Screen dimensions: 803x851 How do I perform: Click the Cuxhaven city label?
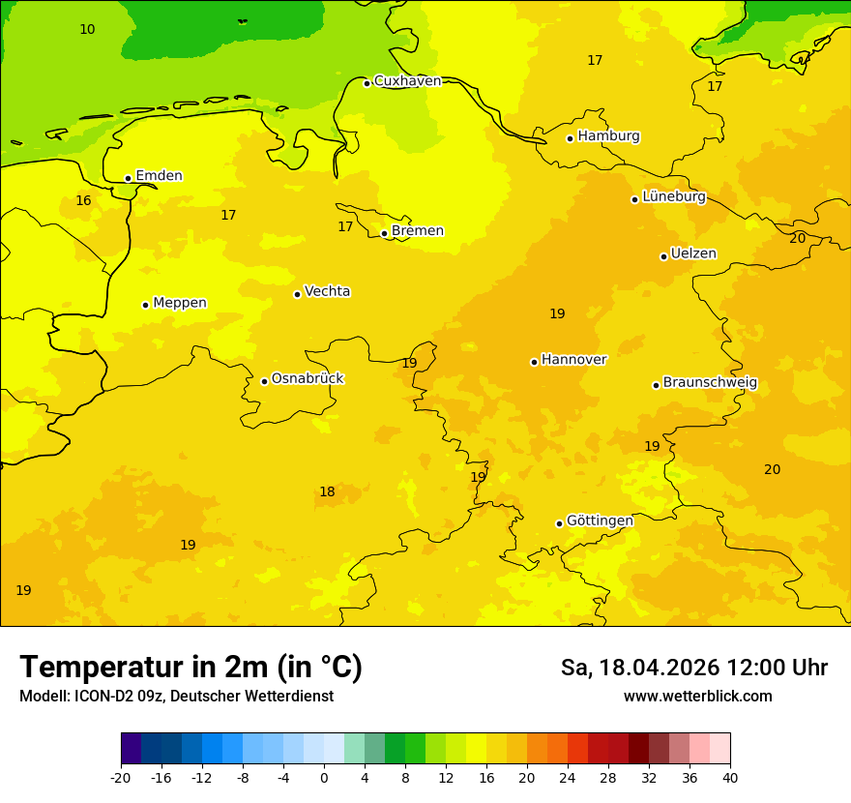[407, 81]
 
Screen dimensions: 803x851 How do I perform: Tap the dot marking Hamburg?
[570, 138]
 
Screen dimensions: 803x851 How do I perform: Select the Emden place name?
[159, 176]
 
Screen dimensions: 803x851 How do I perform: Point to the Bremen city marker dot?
[384, 233]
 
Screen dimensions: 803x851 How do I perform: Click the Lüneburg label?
[674, 196]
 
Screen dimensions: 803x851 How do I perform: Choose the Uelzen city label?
[693, 254]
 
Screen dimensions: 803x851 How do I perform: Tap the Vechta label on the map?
[327, 291]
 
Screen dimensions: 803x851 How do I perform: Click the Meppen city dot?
[145, 305]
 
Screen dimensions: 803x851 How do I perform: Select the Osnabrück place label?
[308, 379]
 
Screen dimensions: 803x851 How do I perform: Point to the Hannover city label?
[573, 360]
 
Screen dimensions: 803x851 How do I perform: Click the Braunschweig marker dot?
[656, 385]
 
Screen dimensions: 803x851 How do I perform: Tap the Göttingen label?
[600, 520]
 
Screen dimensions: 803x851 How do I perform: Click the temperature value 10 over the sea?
[87, 30]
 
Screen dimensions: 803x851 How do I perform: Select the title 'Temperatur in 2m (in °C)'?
[191, 667]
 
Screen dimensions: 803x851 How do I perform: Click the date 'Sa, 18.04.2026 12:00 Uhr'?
[693, 668]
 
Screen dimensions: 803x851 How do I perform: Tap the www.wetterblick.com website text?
[697, 697]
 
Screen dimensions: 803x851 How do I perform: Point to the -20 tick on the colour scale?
[121, 777]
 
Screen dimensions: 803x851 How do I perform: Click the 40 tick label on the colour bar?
[730, 777]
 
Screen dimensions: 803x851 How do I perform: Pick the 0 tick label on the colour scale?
[324, 777]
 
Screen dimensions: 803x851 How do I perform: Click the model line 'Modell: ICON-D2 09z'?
[176, 697]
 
